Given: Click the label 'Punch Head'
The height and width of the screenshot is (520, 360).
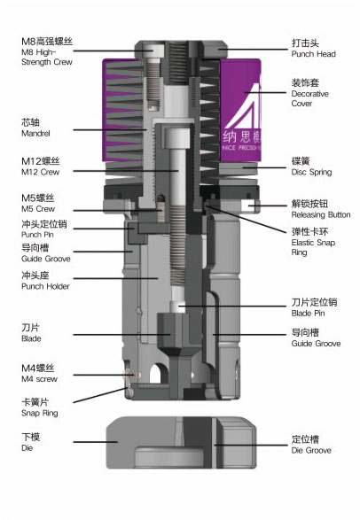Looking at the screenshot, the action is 313,54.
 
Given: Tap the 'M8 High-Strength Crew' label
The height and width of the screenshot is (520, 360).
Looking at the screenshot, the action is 47,57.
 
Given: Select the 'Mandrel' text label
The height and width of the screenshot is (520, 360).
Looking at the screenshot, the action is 35,133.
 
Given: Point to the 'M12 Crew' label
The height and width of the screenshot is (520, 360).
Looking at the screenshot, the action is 40,172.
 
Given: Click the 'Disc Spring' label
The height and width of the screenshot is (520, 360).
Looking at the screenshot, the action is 311,172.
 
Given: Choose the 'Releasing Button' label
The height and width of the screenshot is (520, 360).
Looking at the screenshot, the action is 321,214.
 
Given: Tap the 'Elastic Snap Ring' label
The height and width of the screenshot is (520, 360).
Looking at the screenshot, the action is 313,247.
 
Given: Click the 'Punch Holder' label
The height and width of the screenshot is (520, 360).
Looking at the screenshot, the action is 45,286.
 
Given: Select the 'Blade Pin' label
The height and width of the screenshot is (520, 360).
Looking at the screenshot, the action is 308,313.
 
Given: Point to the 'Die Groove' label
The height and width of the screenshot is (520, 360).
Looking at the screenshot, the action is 311,450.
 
